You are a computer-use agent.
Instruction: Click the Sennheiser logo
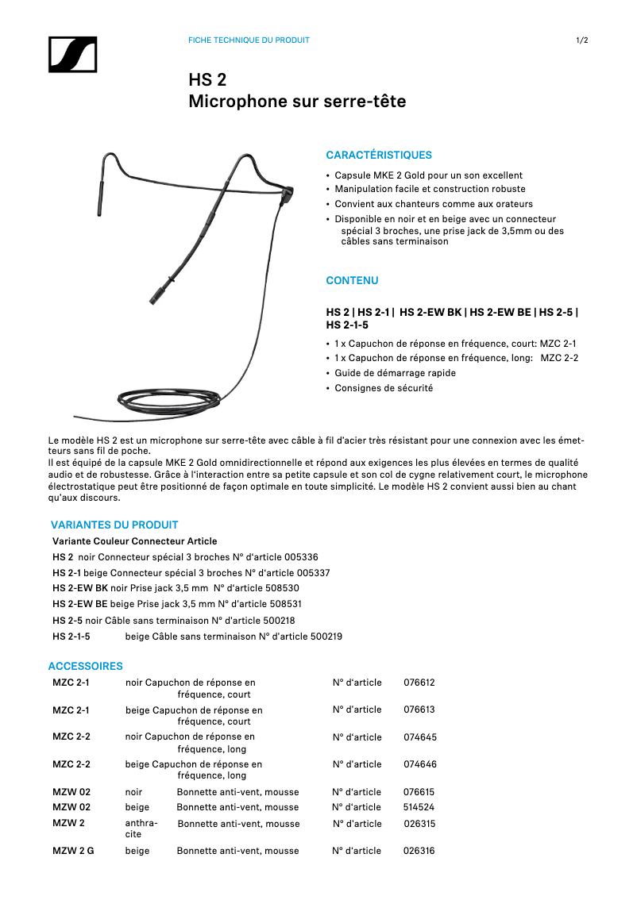click(x=71, y=55)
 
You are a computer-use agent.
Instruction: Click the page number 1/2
click(x=581, y=40)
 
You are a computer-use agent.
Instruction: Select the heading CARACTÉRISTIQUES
click(x=379, y=156)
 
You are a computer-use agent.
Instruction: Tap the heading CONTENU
click(x=352, y=281)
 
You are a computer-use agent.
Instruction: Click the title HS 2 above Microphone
click(x=207, y=80)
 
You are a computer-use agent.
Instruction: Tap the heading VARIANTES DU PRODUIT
click(x=114, y=525)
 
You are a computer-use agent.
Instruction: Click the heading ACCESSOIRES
click(x=85, y=666)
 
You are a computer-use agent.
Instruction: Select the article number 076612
click(x=419, y=683)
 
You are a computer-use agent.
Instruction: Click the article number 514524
click(x=419, y=807)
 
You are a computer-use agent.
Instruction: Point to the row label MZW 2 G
click(x=73, y=851)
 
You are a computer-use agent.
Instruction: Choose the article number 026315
click(x=419, y=824)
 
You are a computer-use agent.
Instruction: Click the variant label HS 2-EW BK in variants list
click(x=80, y=589)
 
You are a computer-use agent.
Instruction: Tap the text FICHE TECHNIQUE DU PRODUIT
click(x=249, y=40)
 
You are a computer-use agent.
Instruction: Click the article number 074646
click(x=420, y=764)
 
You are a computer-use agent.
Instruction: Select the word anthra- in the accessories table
click(x=141, y=824)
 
